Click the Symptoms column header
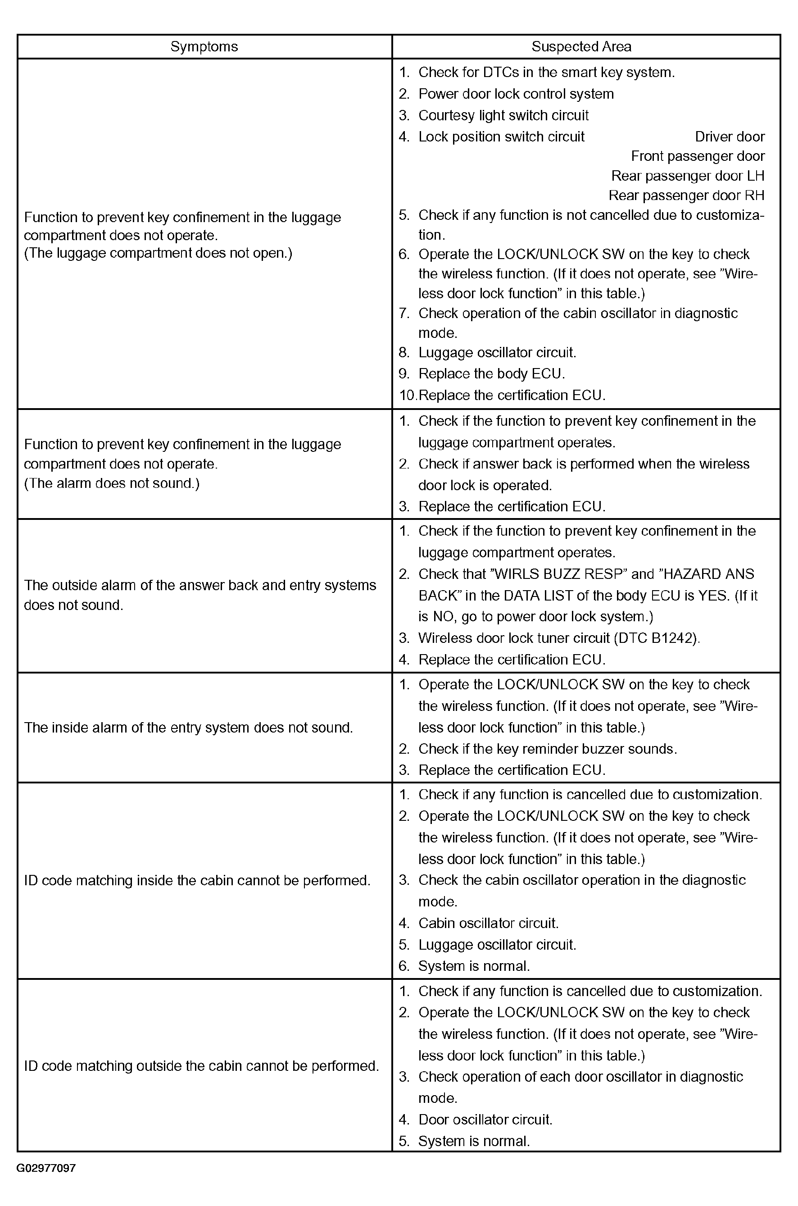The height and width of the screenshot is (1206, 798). (x=204, y=47)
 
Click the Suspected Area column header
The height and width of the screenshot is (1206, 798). (x=581, y=47)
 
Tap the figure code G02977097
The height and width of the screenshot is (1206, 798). (x=46, y=1168)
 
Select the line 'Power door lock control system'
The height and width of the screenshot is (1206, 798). (x=516, y=94)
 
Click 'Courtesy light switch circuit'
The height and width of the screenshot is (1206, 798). (x=503, y=116)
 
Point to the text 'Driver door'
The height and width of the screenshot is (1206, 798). (x=729, y=137)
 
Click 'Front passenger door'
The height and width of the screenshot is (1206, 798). (x=697, y=156)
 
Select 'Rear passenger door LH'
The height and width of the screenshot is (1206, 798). (x=688, y=176)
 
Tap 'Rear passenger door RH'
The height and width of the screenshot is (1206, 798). (x=686, y=196)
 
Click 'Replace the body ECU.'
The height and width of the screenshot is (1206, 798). (x=491, y=374)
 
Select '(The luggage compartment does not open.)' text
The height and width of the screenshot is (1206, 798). (x=158, y=253)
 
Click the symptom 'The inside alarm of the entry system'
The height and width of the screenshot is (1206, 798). (x=188, y=728)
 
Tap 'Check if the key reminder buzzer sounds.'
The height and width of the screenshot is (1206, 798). (x=547, y=749)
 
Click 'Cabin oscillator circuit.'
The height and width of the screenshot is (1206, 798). (x=488, y=923)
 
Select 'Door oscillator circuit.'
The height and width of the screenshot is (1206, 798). (x=485, y=1120)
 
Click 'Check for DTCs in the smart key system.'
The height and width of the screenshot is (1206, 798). (x=546, y=73)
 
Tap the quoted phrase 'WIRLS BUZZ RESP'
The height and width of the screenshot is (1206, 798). (x=557, y=574)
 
